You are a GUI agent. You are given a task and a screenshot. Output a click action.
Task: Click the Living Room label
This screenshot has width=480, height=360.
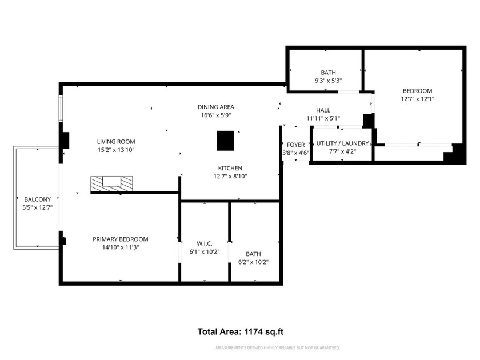pyautogui.click(x=115, y=141)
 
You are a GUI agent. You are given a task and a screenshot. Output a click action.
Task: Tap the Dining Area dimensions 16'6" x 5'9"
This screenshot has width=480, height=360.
pyautogui.click(x=215, y=115)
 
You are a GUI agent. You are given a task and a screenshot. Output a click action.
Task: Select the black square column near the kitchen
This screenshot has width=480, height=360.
pyautogui.click(x=225, y=141)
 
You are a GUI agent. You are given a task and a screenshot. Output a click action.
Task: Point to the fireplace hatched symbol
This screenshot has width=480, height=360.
pyautogui.click(x=111, y=183)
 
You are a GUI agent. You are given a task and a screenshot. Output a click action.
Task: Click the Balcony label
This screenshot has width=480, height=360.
pyautogui.click(x=33, y=199)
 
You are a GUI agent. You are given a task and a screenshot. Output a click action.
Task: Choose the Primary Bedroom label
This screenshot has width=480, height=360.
pyautogui.click(x=121, y=239)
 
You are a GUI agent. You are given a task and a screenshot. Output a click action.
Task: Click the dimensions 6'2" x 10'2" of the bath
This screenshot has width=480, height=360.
pyautogui.click(x=253, y=262)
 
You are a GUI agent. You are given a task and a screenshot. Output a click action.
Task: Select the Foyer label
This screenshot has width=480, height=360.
pyautogui.click(x=295, y=145)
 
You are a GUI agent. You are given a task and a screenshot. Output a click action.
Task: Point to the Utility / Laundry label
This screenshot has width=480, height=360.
pyautogui.click(x=342, y=143)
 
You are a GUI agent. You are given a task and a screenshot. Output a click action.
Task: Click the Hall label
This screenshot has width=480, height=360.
pyautogui.click(x=323, y=110)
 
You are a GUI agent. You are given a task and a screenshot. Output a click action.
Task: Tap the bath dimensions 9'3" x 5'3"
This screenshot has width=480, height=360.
pyautogui.click(x=328, y=81)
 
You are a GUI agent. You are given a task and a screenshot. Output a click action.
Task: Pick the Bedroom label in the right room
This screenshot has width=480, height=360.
pyautogui.click(x=417, y=91)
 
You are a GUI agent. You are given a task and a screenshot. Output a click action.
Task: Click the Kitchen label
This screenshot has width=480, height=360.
pyautogui.click(x=230, y=168)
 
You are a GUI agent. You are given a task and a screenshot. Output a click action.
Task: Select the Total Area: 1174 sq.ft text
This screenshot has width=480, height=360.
pyautogui.click(x=241, y=331)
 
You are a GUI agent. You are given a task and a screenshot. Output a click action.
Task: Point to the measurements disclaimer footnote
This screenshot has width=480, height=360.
pyautogui.click(x=277, y=347)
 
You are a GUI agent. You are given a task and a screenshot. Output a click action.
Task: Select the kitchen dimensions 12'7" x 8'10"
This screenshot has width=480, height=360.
pyautogui.click(x=230, y=176)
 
